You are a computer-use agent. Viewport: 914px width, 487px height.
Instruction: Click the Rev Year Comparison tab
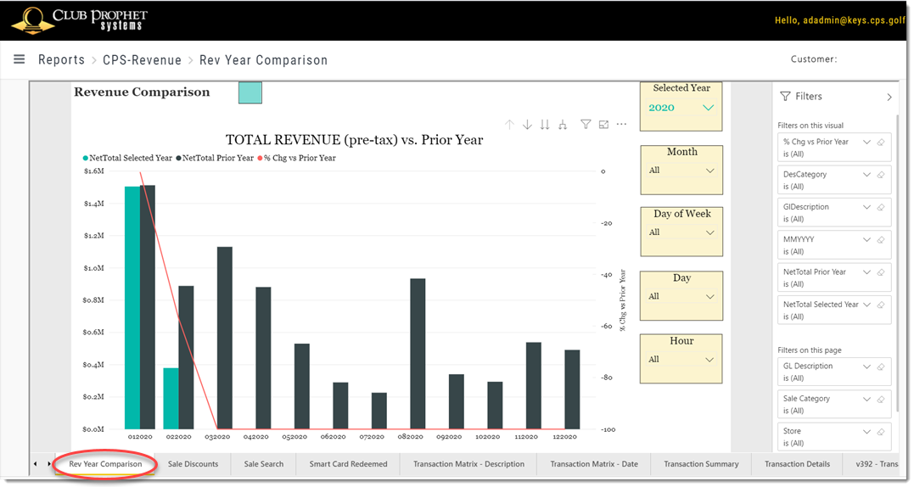click(x=105, y=464)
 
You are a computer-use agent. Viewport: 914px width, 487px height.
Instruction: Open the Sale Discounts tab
click(x=193, y=464)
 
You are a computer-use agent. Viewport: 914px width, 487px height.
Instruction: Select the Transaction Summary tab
click(x=701, y=464)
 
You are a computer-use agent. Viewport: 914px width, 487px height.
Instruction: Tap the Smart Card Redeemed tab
click(x=348, y=464)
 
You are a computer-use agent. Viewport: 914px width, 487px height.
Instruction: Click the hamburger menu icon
click(x=20, y=59)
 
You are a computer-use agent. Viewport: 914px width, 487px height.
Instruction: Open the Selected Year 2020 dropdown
click(x=709, y=108)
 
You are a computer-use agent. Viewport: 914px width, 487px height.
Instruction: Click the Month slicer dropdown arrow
click(x=710, y=171)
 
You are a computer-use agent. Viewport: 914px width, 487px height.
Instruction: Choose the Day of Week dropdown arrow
click(x=710, y=232)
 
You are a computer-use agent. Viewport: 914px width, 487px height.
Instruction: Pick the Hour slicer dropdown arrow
click(x=709, y=360)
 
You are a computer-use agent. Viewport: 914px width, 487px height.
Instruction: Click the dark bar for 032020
click(x=224, y=338)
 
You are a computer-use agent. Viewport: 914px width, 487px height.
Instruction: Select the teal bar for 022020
click(x=171, y=399)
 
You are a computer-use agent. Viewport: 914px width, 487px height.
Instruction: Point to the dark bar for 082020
click(x=418, y=354)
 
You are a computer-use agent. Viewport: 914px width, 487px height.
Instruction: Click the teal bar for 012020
click(x=132, y=308)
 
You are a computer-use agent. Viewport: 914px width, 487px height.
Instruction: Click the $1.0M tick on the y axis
click(x=94, y=268)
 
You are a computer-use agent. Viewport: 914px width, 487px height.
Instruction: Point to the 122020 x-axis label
click(x=565, y=437)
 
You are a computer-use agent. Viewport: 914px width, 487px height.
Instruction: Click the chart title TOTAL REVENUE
click(x=355, y=140)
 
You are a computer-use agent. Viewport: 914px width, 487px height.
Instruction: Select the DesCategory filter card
click(x=834, y=180)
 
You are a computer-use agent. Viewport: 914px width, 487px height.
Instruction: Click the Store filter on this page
click(x=834, y=437)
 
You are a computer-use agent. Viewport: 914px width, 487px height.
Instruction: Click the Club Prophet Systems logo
click(x=80, y=20)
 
